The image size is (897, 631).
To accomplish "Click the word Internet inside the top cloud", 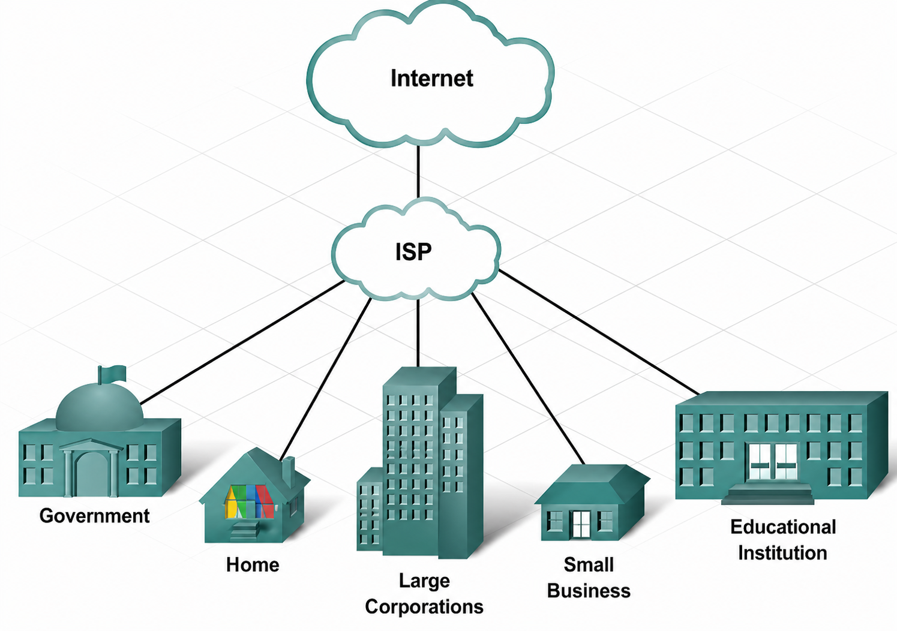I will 431,79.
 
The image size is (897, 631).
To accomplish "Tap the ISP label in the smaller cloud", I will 413,252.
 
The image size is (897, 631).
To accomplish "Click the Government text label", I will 94,516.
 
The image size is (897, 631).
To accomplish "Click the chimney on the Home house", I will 288,470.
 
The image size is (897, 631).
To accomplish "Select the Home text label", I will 253,565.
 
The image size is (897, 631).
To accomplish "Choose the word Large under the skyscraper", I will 424,581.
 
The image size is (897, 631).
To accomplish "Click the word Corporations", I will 424,607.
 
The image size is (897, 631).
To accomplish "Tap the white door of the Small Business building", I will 581,524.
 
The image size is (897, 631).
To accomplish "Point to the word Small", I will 589,565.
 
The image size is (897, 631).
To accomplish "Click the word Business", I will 589,591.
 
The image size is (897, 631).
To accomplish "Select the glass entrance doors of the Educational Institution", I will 773,461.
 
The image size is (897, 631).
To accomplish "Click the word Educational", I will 783,527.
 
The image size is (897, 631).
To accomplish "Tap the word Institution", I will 782,553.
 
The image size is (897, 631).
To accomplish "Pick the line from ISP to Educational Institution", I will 600,333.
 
